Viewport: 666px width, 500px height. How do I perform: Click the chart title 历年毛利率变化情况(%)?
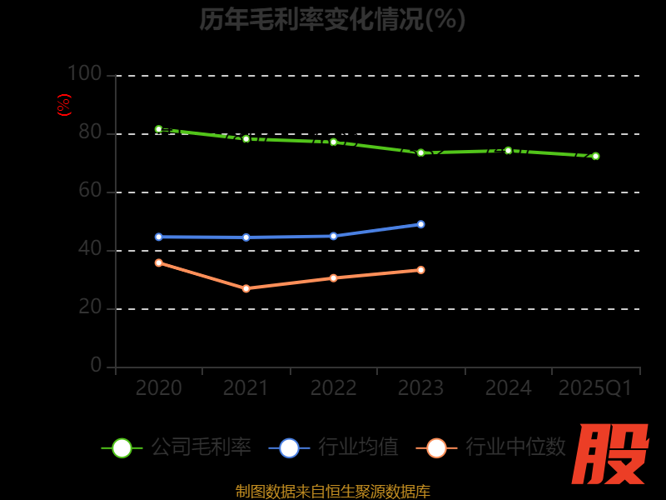coord(332,19)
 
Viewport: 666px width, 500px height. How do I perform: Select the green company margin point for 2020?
coord(158,129)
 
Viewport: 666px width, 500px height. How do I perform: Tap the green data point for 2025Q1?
coord(595,156)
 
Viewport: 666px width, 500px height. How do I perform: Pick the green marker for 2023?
coord(420,152)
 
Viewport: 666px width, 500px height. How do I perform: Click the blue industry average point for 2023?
coord(420,224)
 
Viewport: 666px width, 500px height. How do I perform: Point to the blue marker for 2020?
coord(158,237)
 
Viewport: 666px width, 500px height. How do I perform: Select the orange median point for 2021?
coord(246,288)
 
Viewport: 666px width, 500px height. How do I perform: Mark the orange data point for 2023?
coord(420,270)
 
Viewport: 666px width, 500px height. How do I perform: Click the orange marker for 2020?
coord(158,262)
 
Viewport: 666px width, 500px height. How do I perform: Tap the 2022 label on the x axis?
coord(333,388)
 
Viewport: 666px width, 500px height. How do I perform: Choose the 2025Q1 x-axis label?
coord(595,388)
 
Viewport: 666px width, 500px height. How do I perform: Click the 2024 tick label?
coord(508,388)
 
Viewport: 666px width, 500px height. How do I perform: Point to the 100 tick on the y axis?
coord(84,74)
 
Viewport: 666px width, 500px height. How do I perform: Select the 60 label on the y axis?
coord(90,191)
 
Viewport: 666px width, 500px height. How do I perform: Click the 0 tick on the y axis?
coord(97,366)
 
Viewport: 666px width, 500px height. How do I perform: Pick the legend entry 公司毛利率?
coord(176,447)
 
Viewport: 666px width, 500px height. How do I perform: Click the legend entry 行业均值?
coord(334,447)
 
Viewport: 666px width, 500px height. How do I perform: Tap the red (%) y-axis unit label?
coord(63,105)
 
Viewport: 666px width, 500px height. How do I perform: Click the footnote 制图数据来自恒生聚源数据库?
coord(333,492)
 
